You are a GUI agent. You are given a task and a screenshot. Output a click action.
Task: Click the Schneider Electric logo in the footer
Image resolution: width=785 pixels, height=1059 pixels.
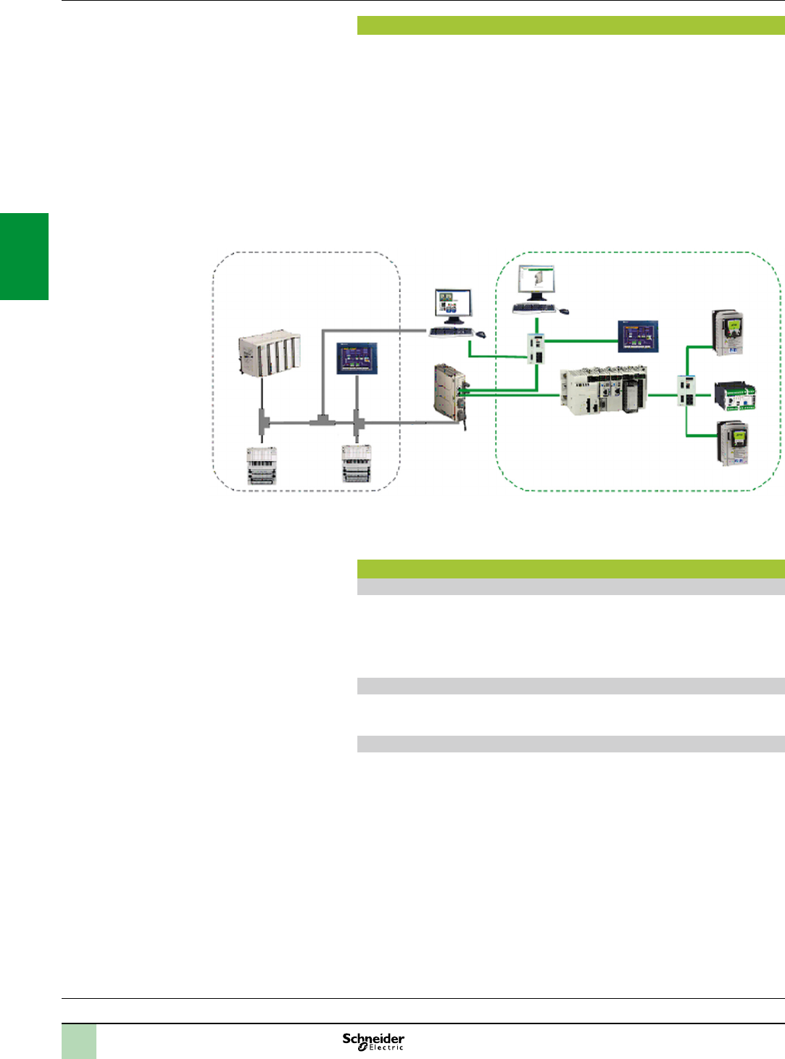click(x=373, y=1041)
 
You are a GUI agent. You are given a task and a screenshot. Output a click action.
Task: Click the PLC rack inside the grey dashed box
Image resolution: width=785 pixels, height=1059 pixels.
click(x=269, y=354)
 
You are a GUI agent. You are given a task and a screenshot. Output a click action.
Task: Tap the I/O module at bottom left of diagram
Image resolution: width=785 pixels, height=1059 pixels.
click(x=262, y=465)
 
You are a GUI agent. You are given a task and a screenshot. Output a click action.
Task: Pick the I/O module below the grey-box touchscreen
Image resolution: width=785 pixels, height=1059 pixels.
click(x=357, y=464)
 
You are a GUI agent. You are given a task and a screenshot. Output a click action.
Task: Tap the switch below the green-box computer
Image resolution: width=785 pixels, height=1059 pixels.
click(x=537, y=349)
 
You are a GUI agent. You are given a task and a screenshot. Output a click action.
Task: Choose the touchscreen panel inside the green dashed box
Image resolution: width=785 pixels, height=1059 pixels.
click(x=638, y=336)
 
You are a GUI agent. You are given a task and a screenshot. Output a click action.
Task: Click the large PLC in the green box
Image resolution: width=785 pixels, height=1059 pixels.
click(x=603, y=391)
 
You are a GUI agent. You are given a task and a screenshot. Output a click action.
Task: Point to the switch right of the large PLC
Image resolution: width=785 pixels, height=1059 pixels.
click(x=686, y=391)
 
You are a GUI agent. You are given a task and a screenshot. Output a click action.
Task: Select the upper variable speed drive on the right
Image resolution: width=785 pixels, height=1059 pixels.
click(x=728, y=333)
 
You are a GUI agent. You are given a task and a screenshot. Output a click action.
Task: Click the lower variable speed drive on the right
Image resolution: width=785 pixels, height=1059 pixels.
click(x=733, y=443)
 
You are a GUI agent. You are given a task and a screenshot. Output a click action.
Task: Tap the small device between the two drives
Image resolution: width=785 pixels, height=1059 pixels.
click(x=735, y=396)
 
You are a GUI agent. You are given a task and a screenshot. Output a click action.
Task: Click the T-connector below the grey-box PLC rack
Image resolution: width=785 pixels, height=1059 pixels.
click(x=262, y=420)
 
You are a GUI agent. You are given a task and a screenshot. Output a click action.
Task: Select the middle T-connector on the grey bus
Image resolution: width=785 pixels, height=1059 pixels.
click(x=321, y=420)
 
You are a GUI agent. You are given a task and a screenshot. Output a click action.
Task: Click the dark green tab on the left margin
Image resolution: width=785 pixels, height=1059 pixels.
click(x=24, y=256)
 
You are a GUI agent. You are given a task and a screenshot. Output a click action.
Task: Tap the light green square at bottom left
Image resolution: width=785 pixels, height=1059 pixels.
click(x=78, y=1041)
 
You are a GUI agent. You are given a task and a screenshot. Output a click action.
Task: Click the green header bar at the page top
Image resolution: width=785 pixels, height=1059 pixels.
click(x=570, y=25)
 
